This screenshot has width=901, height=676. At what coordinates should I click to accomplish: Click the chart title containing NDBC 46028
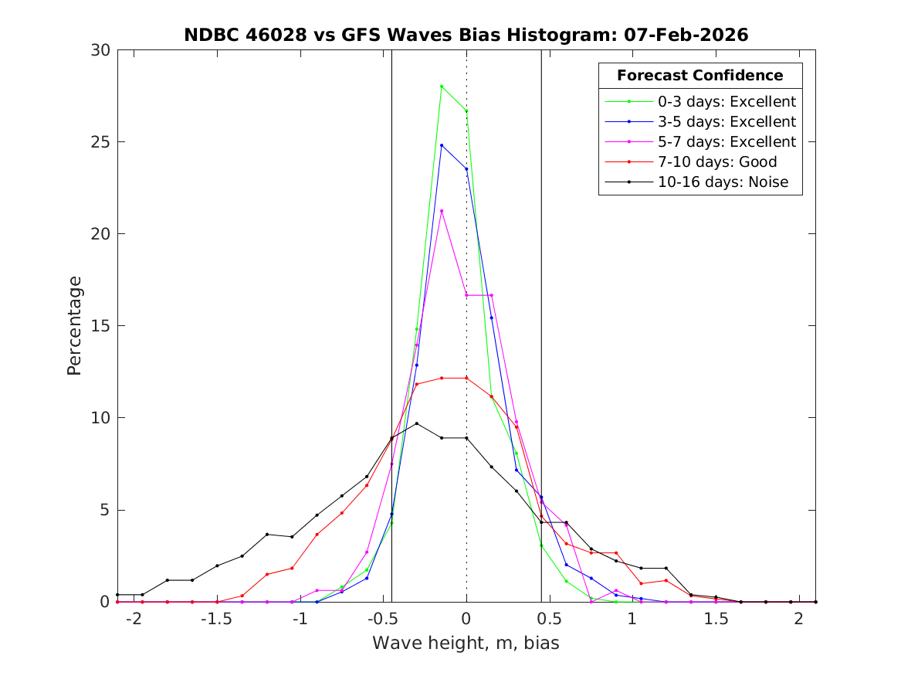tap(466, 35)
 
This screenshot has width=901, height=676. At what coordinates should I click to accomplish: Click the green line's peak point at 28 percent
tap(442, 87)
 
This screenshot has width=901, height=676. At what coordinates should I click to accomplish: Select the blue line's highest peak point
tap(442, 145)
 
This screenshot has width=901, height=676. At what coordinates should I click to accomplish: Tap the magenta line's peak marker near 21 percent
tap(442, 211)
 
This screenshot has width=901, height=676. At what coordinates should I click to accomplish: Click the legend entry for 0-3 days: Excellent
tap(727, 101)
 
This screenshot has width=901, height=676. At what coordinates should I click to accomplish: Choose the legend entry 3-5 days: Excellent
tap(727, 121)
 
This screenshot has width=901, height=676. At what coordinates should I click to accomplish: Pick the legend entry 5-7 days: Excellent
tap(727, 142)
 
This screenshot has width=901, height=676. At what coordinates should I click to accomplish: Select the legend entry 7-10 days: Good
tap(717, 162)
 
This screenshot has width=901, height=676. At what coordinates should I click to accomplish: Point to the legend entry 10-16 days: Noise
tap(719, 182)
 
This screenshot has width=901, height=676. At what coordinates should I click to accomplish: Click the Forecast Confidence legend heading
tap(700, 76)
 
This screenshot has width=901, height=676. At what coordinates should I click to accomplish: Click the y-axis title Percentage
tap(74, 325)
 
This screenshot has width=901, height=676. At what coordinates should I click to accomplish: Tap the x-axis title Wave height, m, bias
tap(466, 643)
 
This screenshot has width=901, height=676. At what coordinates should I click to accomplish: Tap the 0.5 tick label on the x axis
tap(549, 620)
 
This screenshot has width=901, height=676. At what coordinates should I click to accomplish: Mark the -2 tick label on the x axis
tap(134, 620)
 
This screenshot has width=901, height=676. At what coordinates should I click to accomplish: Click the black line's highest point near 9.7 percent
tap(417, 423)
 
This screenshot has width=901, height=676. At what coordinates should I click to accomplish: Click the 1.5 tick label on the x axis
tap(715, 620)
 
